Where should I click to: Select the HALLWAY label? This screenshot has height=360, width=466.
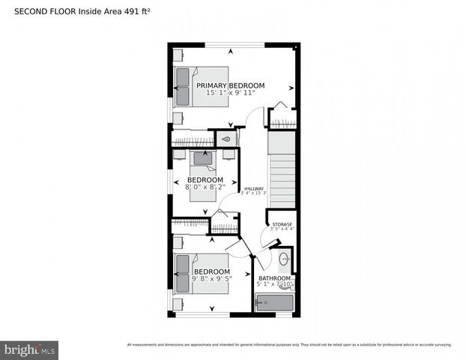point(254,188)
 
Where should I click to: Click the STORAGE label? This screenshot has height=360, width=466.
point(282,223)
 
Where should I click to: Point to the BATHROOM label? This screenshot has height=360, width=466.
point(276,277)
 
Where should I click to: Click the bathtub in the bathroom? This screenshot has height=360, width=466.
point(275,303)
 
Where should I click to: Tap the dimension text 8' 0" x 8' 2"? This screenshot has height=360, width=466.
point(205,187)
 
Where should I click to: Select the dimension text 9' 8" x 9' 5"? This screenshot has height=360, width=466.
point(211,278)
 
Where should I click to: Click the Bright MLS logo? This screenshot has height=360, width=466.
point(30,350)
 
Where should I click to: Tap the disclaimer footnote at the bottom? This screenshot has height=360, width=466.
point(289,345)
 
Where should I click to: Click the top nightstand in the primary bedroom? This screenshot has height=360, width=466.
point(178,55)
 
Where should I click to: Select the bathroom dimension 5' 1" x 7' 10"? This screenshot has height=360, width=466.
point(276,284)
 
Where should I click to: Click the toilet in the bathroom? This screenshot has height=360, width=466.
point(288,283)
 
